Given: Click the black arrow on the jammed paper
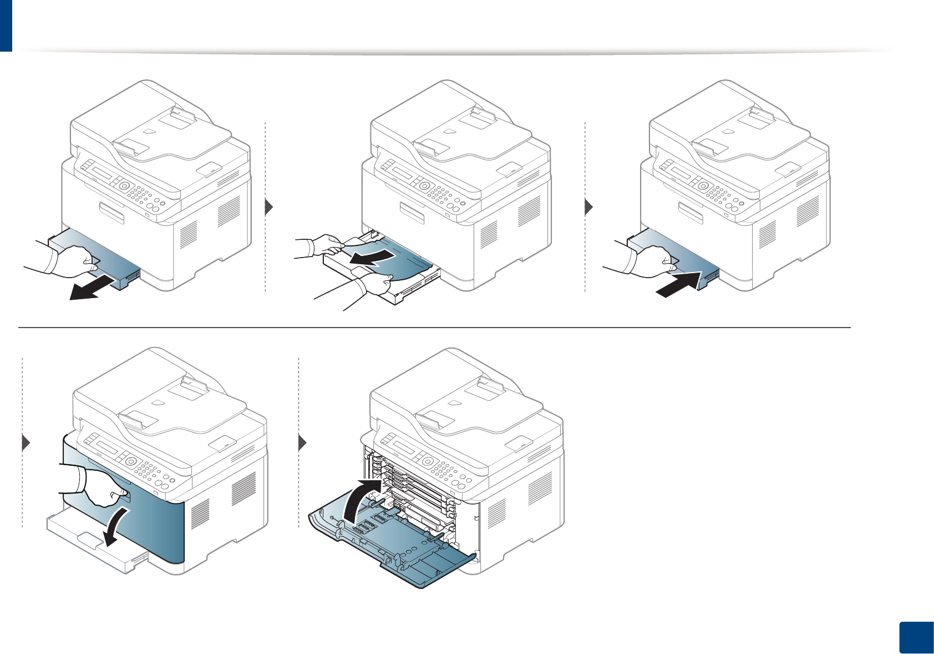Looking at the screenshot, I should click(372, 257).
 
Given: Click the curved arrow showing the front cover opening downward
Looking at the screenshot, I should click(116, 527).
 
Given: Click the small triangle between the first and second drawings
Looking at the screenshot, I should click(269, 207).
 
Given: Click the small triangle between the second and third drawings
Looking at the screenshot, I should click(588, 207).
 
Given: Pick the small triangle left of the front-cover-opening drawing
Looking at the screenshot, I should click(26, 443).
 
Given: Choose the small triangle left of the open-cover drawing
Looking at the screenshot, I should click(302, 443).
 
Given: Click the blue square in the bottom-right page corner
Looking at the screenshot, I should click(915, 639).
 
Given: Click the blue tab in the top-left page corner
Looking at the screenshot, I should click(6, 25).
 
